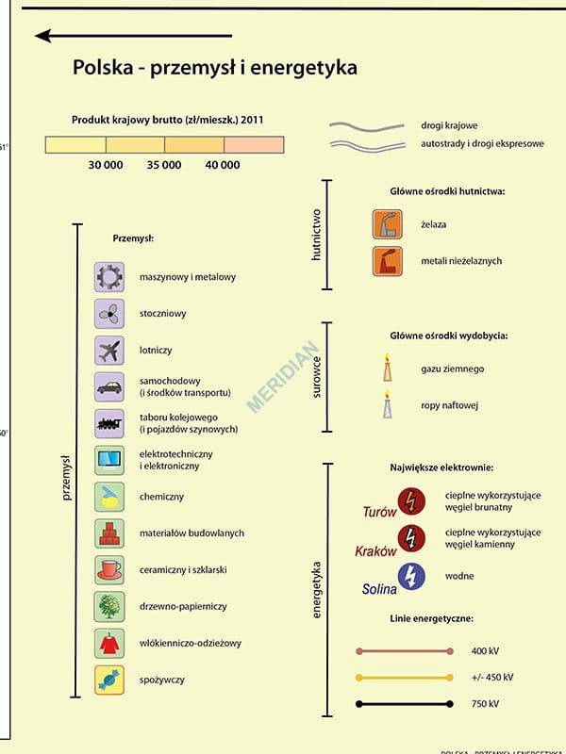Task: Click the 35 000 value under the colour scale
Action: point(164,165)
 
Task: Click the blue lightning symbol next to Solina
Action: point(411,576)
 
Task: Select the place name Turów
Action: point(379,513)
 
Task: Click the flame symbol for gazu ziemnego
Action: point(386,368)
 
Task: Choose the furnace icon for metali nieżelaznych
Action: point(385,260)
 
